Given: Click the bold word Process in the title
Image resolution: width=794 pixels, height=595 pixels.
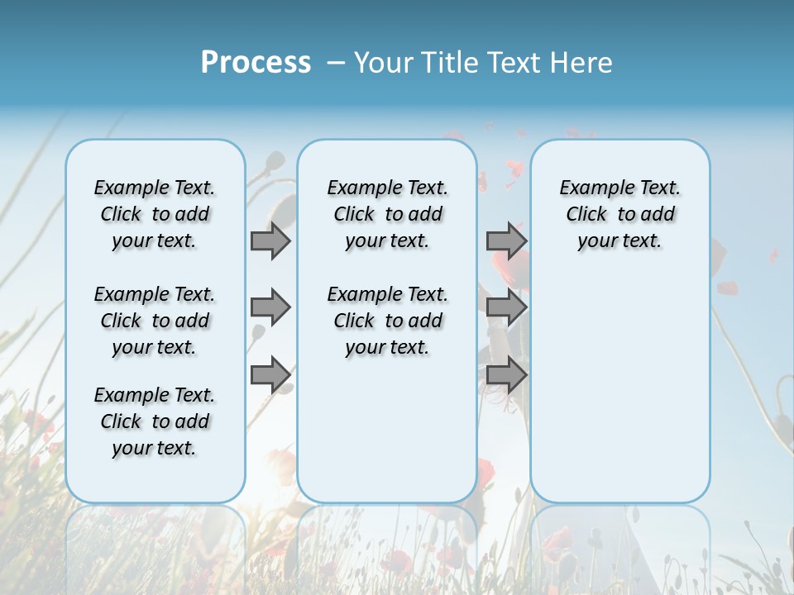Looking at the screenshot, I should point(256,62).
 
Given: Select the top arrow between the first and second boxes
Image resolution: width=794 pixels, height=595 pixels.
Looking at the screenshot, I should point(270,240).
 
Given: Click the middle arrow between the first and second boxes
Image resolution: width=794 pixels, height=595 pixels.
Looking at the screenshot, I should point(270,307).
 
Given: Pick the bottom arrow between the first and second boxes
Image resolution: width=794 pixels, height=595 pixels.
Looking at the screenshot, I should point(270,375).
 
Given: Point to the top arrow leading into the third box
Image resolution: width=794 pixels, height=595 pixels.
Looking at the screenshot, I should point(506,240).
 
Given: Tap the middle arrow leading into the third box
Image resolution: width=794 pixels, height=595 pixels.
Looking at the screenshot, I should point(506,307).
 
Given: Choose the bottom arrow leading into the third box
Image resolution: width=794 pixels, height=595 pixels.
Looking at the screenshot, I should point(506,375).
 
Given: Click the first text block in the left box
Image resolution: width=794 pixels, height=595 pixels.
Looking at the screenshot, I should point(155,214).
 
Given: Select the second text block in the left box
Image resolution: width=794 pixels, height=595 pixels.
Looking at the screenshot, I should point(155,321).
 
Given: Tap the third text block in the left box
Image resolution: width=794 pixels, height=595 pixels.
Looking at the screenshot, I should point(155,421).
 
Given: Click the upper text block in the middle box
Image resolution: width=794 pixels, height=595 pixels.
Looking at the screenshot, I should point(387,214).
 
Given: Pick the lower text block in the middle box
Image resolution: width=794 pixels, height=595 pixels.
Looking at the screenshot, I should point(387,321).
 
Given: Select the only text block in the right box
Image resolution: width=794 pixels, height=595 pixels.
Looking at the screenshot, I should point(619,214).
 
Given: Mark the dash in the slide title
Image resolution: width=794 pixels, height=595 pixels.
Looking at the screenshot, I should point(336,63).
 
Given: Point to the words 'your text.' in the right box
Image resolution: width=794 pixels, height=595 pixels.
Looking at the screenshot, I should point(619,241).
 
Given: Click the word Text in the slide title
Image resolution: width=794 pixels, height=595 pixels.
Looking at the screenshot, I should point(516,63).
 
